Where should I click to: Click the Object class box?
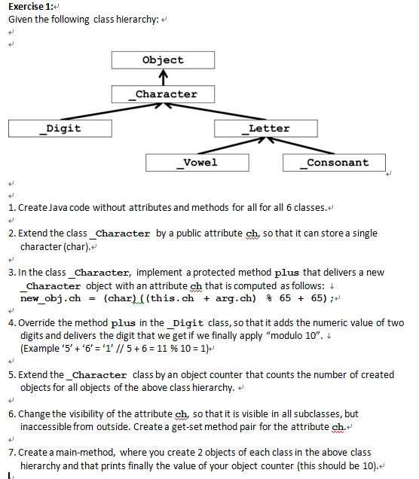click(x=163, y=59)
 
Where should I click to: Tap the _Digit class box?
click(x=58, y=128)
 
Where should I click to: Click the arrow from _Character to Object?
click(x=163, y=77)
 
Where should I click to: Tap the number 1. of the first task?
click(x=12, y=207)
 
